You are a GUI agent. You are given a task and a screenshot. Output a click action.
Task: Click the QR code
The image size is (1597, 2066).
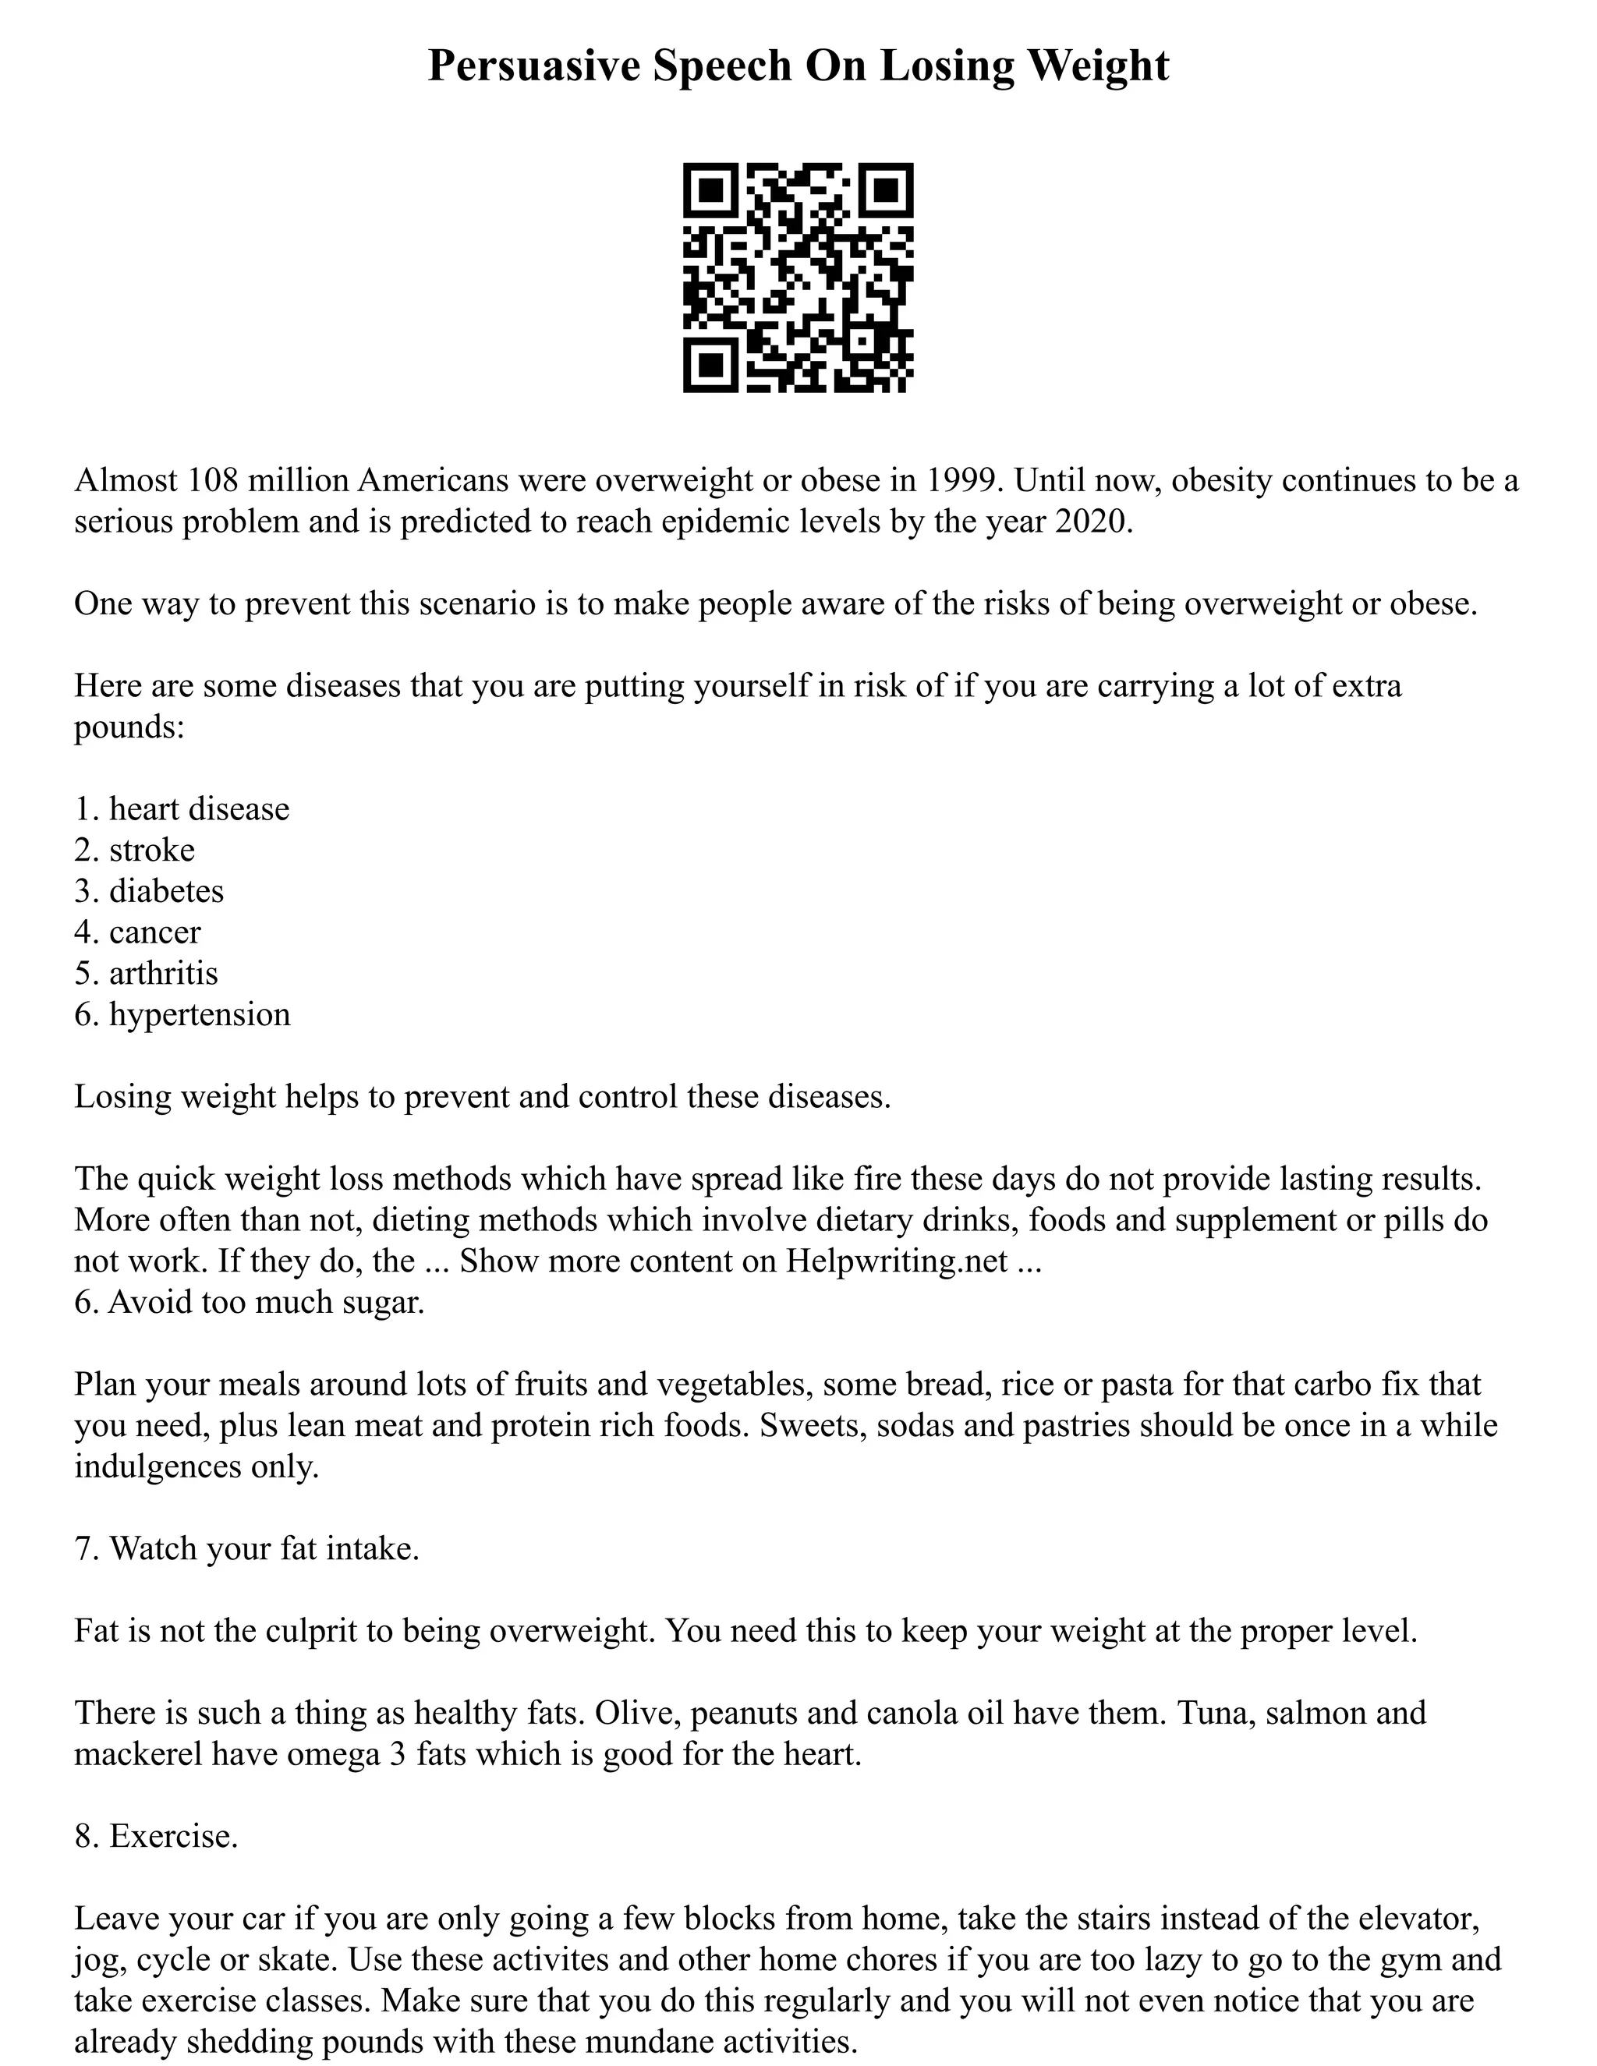tap(798, 278)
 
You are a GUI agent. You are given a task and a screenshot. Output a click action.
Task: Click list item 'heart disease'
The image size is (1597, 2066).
tap(199, 808)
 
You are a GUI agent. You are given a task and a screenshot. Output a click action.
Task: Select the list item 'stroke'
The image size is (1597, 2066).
tap(151, 850)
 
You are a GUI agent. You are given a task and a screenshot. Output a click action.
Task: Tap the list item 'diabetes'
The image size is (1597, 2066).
tap(167, 891)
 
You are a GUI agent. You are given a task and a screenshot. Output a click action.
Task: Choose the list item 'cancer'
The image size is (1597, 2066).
tap(155, 932)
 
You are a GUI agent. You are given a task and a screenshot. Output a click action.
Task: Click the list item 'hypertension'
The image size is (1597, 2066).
tap(200, 1014)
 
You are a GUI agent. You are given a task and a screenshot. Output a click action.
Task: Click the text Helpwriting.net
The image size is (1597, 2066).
tap(896, 1261)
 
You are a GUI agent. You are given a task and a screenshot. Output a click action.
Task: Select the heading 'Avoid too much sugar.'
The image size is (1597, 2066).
tap(266, 1302)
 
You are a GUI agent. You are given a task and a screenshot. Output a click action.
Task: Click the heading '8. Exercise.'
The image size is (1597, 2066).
tap(156, 1836)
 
